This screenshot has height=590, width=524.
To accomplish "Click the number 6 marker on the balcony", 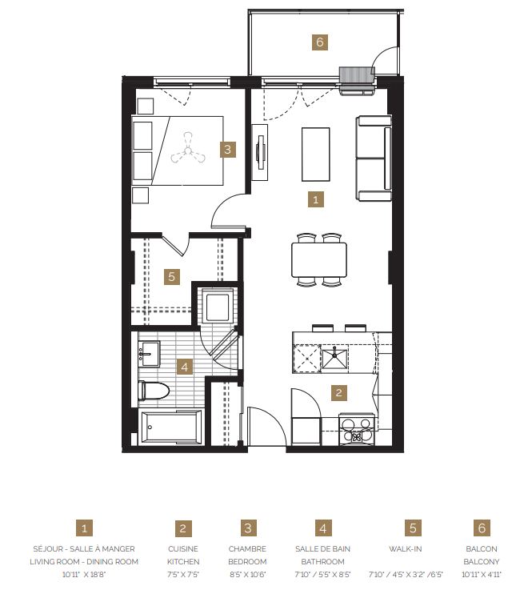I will coord(319,42).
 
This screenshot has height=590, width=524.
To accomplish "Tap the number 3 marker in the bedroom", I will coord(228,149).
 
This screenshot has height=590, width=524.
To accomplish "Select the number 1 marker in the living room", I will coord(317,199).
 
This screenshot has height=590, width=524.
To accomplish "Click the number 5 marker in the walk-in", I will coord(171,276).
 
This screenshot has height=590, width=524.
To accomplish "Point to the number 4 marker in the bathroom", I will coord(185,367).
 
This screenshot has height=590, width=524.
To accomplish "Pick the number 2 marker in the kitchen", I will coord(339,392).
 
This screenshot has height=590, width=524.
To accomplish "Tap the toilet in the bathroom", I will coord(154,391).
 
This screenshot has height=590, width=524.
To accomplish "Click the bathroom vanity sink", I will coord(150,352).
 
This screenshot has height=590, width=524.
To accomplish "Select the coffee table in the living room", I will coord(315,155).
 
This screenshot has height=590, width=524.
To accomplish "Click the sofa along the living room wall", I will coord(373,159).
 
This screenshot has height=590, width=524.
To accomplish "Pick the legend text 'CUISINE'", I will coord(183,549).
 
